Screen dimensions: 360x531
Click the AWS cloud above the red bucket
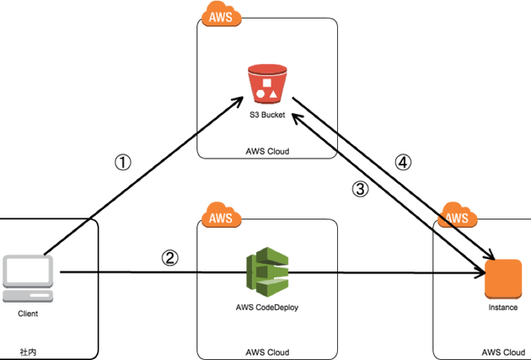coord(221,15)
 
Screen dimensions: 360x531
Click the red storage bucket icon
coord(267,83)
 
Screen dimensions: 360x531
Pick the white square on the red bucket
coord(267,83)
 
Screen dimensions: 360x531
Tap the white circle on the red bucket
coord(261,94)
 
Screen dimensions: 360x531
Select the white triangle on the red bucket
coord(274,94)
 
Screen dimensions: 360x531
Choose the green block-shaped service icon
coord(267,271)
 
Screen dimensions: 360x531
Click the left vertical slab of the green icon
coord(249,271)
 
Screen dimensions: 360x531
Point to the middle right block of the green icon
coord(276,271)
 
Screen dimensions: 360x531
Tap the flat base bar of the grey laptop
coord(29,297)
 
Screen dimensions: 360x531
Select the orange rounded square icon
coord(502,279)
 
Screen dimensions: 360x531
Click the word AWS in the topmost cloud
coord(221,18)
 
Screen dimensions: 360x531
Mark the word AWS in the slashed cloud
coord(458,218)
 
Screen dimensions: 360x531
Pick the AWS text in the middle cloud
coord(221,218)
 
